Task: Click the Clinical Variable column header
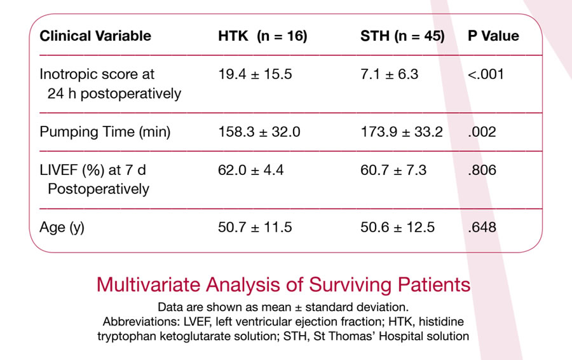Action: [x=95, y=36]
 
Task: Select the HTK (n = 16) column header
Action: [x=262, y=36]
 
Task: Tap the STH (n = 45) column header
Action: [x=402, y=36]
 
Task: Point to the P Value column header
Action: [x=493, y=36]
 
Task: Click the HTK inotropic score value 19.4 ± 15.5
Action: [x=255, y=74]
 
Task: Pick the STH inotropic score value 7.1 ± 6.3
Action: [x=389, y=74]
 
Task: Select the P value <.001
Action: [x=486, y=74]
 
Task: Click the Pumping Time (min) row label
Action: [x=105, y=132]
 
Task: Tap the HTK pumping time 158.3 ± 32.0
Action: [x=259, y=132]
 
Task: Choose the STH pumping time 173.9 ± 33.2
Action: [x=402, y=132]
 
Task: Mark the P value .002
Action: [x=482, y=132]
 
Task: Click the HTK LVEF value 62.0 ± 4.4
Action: [x=250, y=170]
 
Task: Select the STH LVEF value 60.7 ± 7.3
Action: [x=393, y=170]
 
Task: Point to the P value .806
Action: [x=482, y=170]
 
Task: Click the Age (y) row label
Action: [x=62, y=228]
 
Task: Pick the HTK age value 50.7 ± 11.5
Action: [x=255, y=227]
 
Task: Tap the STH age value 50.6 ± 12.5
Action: [x=398, y=227]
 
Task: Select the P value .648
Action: [x=482, y=227]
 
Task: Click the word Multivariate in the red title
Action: [x=149, y=285]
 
